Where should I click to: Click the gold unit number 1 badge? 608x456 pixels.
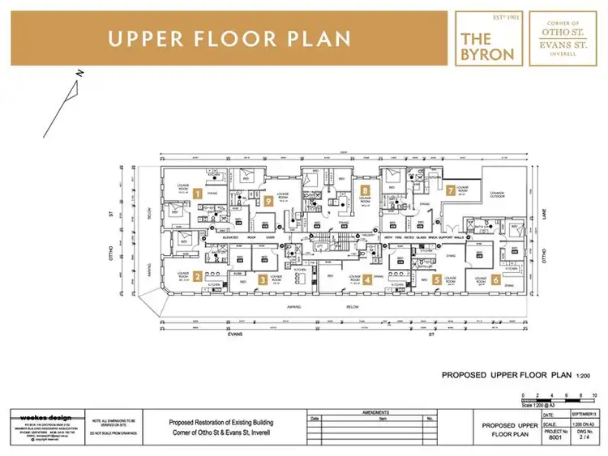[x=197, y=193]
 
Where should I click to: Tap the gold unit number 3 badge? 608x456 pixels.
[x=263, y=279]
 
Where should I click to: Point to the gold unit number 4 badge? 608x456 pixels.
[x=367, y=280]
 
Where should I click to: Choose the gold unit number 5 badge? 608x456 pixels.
[x=437, y=280]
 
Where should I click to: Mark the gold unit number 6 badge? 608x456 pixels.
[x=495, y=280]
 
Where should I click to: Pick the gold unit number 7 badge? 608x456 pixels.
[x=450, y=190]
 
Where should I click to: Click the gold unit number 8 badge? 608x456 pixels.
[x=366, y=190]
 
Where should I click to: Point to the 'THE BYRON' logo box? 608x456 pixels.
[x=486, y=38]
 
